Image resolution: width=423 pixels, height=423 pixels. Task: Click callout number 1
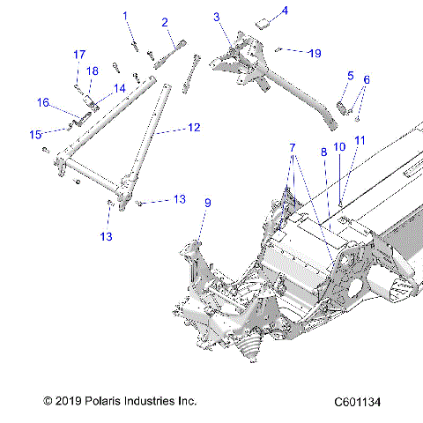tap(125, 16)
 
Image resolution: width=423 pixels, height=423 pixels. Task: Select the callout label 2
tap(165, 22)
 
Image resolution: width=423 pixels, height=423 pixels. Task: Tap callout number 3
tap(217, 17)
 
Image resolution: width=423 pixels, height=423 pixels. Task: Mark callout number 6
tap(367, 79)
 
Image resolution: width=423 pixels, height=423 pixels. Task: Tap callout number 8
tap(324, 152)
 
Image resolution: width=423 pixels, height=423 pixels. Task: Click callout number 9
tap(208, 204)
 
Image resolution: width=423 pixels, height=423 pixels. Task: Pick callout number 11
tap(359, 140)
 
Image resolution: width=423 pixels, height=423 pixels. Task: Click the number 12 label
tap(194, 128)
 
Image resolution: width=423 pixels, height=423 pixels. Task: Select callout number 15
tap(36, 134)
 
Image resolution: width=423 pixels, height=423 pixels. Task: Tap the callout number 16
tap(42, 102)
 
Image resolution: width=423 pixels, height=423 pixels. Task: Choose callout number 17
tap(77, 55)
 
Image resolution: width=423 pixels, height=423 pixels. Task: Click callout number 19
tap(314, 53)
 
